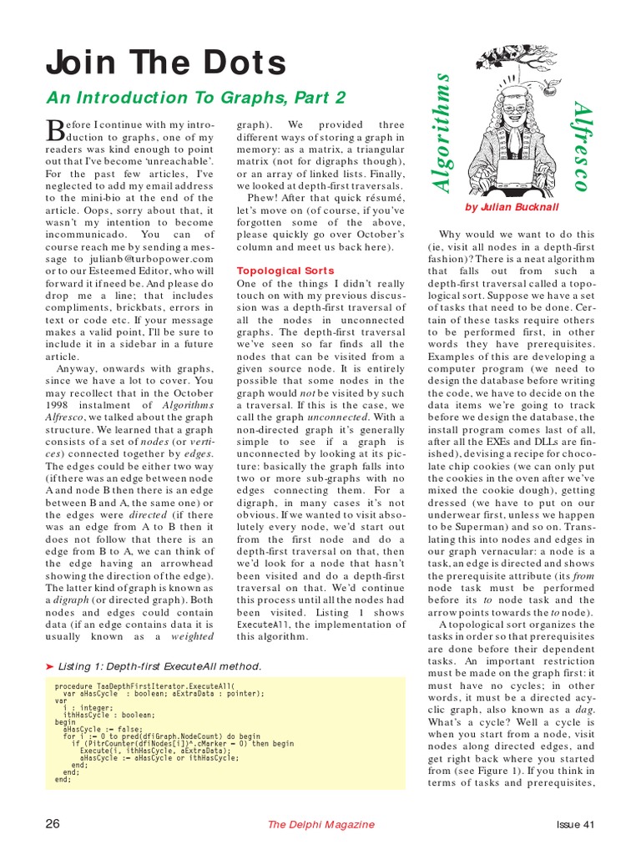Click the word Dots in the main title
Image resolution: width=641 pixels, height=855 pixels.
(236, 62)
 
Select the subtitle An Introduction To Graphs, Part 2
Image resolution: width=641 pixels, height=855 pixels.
(195, 97)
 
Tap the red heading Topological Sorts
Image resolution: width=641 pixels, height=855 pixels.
(285, 271)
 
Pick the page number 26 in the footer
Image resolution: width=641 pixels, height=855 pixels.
(53, 824)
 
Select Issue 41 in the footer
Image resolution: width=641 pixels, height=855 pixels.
(575, 825)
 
